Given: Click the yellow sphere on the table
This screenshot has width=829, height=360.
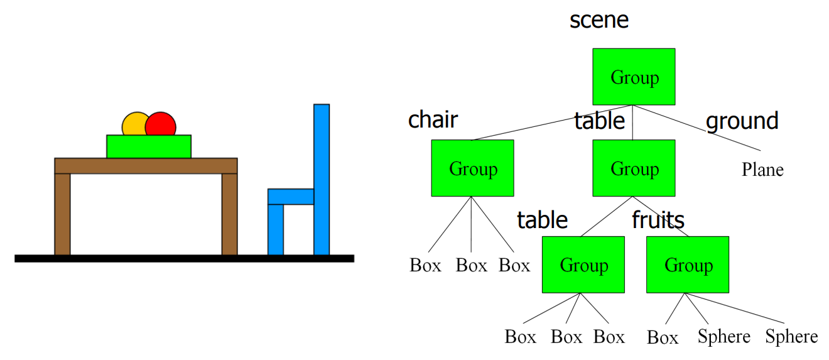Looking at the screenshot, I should click(x=133, y=124).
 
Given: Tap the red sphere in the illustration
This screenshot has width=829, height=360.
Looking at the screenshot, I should click(x=161, y=124).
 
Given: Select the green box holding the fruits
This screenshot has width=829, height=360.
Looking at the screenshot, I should click(x=149, y=147).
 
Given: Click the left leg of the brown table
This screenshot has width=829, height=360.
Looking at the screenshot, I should click(x=62, y=214).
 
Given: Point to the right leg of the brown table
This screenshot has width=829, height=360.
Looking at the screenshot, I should click(x=229, y=214).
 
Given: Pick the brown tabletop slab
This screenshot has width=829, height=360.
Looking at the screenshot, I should click(x=146, y=166).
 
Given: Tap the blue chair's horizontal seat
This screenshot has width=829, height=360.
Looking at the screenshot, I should click(x=290, y=197).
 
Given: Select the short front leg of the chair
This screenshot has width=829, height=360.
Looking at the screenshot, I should click(x=276, y=229).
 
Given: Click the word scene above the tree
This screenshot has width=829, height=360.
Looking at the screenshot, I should click(x=599, y=20).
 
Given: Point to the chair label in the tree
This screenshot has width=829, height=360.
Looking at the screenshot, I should click(x=433, y=119).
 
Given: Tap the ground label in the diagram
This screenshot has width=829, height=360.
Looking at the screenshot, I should click(x=742, y=121).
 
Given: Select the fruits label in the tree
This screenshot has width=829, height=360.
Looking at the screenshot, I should click(x=658, y=220).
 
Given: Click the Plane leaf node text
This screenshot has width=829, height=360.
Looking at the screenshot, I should click(x=762, y=170).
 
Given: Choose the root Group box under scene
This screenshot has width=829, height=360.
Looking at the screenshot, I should click(x=634, y=77).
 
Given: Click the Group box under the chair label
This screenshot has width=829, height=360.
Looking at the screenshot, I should click(x=472, y=168).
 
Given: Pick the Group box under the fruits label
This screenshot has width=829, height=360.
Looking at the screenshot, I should click(x=688, y=265).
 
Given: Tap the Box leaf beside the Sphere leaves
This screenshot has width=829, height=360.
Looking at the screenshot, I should click(x=663, y=338).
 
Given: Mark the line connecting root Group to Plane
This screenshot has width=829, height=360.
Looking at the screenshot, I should click(x=697, y=128).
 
